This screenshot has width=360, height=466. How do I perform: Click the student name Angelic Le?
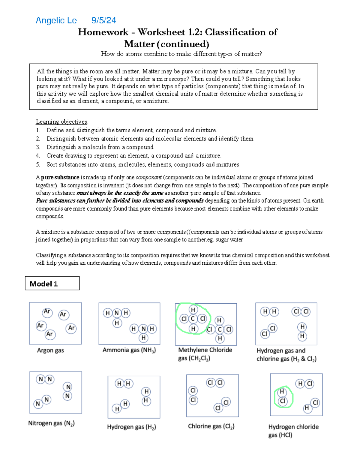56,20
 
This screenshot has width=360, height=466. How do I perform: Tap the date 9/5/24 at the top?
103,20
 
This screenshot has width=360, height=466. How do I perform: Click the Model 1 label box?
52,283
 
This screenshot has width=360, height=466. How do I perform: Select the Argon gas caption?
50,350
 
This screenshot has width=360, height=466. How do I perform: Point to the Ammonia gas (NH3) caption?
129,350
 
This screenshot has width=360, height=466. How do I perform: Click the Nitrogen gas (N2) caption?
51,423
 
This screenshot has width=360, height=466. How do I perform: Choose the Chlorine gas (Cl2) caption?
211,426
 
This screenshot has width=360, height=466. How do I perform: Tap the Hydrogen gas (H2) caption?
131,427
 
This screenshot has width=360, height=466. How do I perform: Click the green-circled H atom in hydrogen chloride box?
282,392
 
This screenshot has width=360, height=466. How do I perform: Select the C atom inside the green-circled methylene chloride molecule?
193,319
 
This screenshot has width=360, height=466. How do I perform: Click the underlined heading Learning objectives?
62,122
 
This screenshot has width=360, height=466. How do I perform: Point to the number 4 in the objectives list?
38,156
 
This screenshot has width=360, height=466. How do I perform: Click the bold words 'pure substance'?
60,177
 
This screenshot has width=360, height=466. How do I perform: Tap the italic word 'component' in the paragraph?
148,177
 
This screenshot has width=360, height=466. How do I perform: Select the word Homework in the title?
103,32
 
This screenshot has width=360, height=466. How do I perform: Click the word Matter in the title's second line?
139,44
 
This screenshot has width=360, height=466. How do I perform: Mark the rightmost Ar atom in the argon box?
71,328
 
